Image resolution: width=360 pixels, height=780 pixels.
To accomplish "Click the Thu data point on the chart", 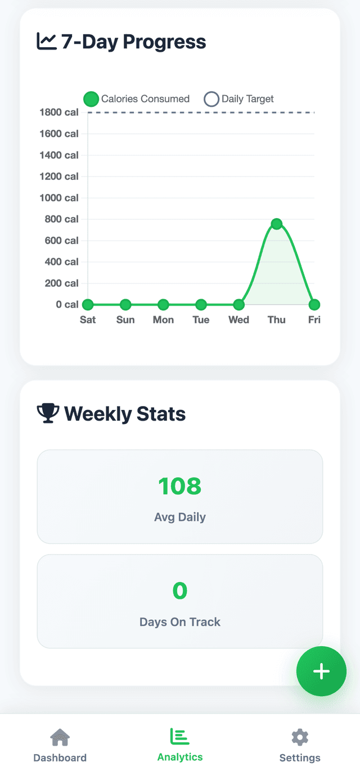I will coord(276,224).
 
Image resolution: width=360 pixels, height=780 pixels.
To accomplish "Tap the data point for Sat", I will coord(88,305).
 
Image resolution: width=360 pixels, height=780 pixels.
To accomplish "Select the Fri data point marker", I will coord(314,305).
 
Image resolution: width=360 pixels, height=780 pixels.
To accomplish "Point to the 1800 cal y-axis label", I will coord(58,112).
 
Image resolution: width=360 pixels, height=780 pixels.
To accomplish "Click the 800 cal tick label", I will coord(61,219).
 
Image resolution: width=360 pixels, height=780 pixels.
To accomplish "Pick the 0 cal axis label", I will coord(67,305).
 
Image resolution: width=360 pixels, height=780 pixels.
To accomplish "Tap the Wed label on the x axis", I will coord(238,320).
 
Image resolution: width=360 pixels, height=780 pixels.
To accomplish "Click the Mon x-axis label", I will coord(163,320).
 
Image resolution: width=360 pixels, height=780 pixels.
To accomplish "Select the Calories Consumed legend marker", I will coord(91,100).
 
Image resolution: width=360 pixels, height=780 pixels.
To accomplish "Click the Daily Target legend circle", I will coord(211,100).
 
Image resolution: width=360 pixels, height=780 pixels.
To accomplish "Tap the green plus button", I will coord(321,671).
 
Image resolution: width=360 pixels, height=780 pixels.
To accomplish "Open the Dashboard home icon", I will coord(60,737).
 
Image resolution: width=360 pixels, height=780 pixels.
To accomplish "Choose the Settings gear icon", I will coord(300,737).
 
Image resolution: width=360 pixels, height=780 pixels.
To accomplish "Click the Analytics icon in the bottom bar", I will coord(180,736).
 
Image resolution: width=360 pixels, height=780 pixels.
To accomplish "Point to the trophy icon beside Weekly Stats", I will coord(48,413).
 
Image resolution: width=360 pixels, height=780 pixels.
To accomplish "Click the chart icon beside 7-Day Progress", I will coord(47,41).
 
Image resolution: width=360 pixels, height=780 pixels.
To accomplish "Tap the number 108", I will coord(179,486).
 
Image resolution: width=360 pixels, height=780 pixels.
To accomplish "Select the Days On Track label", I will coord(180,622).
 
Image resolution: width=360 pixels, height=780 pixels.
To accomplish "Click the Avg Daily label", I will coord(180,517).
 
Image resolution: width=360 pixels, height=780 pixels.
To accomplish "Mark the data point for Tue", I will coord(201,305).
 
